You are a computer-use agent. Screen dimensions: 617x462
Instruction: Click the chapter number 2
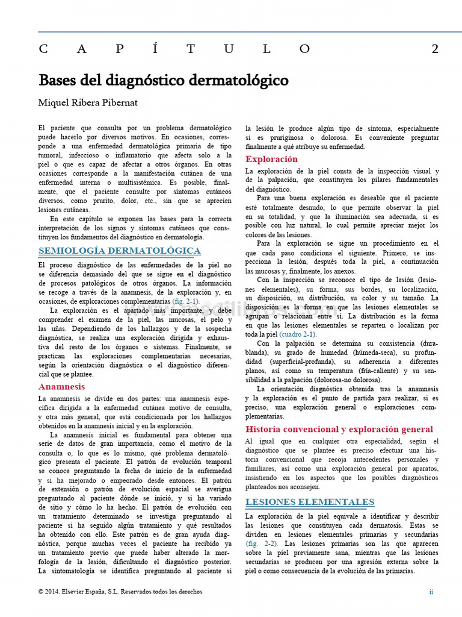[x=434, y=49]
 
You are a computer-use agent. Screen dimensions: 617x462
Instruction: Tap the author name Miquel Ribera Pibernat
[x=88, y=102]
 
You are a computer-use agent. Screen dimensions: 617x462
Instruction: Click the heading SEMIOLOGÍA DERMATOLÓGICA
[x=120, y=250]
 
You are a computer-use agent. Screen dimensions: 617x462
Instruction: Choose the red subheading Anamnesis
[x=61, y=386]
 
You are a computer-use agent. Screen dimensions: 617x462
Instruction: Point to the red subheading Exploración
[x=271, y=159]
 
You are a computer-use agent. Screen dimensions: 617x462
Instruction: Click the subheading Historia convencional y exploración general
[x=339, y=429]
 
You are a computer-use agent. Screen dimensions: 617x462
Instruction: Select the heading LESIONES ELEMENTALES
[x=310, y=502]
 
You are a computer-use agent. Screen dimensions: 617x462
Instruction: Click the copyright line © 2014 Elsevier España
[x=120, y=592]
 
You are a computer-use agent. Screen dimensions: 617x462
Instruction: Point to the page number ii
[x=431, y=592]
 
